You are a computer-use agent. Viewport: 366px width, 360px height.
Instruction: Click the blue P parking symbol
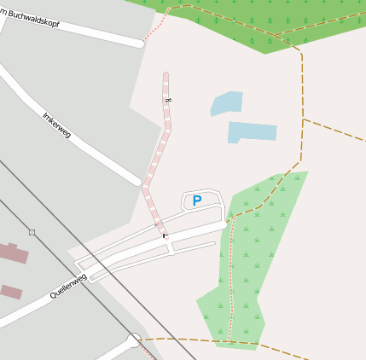[x=197, y=201]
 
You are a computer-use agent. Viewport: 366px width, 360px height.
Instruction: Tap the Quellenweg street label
[x=68, y=285]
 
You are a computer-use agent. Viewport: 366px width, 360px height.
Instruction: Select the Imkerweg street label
[x=56, y=125]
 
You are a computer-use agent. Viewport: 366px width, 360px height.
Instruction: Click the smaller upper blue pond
[x=227, y=103]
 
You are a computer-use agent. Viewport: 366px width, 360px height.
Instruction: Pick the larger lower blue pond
[x=252, y=131]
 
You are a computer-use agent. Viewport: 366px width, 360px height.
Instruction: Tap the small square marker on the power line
[x=32, y=232]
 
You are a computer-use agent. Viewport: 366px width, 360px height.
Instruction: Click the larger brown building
[x=12, y=253]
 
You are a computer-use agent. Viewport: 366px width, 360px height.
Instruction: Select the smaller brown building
[x=11, y=292]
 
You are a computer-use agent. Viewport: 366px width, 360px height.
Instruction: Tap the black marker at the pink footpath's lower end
[x=164, y=235]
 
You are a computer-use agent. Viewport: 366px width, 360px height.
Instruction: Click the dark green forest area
[x=256, y=21]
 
